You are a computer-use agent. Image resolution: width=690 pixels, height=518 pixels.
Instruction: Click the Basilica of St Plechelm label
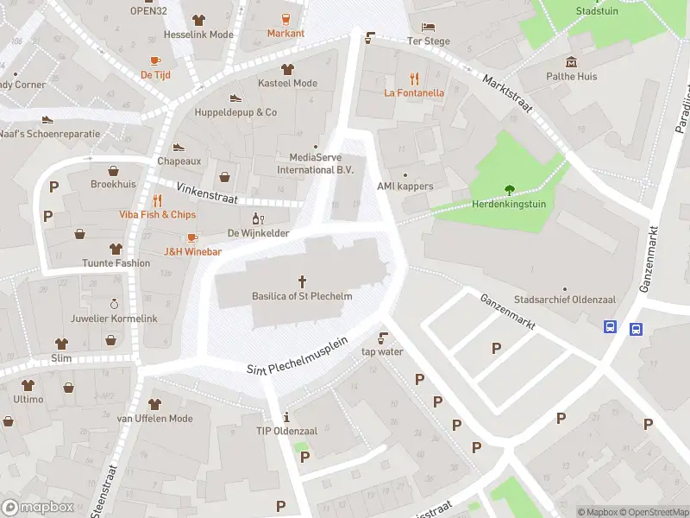pyautogui.click(x=303, y=297)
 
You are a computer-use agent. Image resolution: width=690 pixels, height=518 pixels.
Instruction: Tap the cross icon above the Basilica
pyautogui.click(x=303, y=281)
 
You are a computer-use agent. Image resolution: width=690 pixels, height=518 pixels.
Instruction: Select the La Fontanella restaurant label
pyautogui.click(x=414, y=92)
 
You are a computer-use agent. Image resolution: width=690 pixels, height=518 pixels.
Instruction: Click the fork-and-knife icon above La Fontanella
pyautogui.click(x=414, y=77)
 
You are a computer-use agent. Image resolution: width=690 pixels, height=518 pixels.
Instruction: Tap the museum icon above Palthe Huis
pyautogui.click(x=571, y=61)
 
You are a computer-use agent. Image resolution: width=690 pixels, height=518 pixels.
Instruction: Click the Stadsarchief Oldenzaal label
pyautogui.click(x=564, y=299)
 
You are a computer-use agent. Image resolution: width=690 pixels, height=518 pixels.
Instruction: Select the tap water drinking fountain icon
pyautogui.click(x=382, y=337)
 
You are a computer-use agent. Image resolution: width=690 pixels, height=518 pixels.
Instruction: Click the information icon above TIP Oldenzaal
pyautogui.click(x=286, y=416)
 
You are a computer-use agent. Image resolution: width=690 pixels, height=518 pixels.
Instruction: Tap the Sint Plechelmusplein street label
pyautogui.click(x=297, y=356)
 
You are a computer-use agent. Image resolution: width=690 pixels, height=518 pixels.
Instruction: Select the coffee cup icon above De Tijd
pyautogui.click(x=155, y=60)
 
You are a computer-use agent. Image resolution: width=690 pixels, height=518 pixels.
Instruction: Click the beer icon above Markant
pyautogui.click(x=285, y=18)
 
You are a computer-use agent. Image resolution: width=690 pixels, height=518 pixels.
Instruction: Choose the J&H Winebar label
pyautogui.click(x=192, y=252)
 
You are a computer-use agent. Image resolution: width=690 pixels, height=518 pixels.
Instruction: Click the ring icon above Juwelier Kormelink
pyautogui.click(x=114, y=304)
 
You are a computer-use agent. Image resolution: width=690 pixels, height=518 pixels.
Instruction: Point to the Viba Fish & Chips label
pyautogui.click(x=157, y=214)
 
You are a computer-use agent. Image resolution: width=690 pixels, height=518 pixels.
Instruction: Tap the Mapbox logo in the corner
pyautogui.click(x=38, y=507)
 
